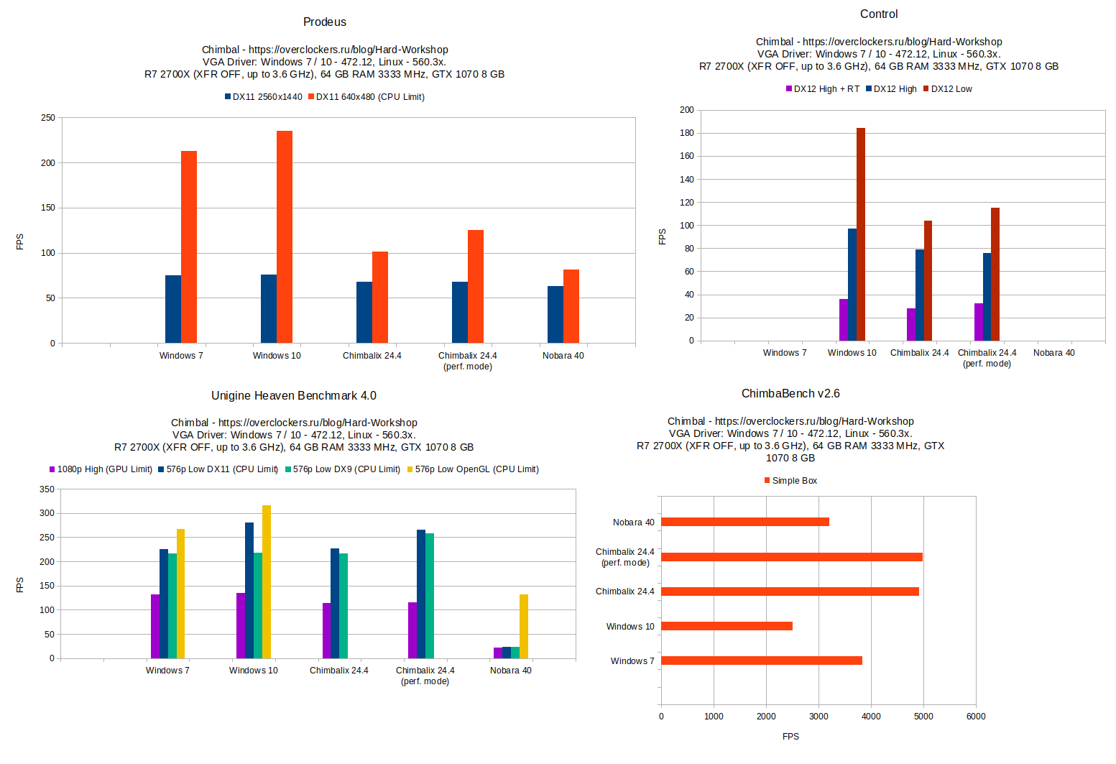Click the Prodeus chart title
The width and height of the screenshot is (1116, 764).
(x=325, y=22)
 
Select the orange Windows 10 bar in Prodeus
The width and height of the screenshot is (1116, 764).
(x=285, y=237)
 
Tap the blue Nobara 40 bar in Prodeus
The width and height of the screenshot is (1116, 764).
(x=555, y=315)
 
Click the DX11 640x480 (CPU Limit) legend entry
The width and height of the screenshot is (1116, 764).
(x=366, y=97)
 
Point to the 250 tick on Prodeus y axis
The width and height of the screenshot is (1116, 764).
(x=48, y=118)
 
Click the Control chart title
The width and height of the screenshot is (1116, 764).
(x=879, y=14)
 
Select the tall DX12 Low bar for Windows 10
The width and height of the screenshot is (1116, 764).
(x=861, y=234)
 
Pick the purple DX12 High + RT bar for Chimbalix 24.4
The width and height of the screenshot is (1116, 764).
(x=911, y=325)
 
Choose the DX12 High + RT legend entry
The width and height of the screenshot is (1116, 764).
(x=823, y=89)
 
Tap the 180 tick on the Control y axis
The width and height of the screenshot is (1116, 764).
(x=687, y=133)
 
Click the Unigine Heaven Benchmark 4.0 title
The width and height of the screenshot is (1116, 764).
(x=293, y=396)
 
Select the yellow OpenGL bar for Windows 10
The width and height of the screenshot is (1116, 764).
(x=267, y=582)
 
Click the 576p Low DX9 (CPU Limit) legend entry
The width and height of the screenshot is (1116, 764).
(x=343, y=469)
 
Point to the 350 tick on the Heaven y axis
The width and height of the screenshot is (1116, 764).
(x=47, y=489)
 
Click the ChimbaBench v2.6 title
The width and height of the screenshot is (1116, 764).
(x=790, y=394)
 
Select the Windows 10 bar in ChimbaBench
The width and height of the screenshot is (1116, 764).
(x=727, y=626)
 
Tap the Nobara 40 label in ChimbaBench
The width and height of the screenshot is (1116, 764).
(x=633, y=523)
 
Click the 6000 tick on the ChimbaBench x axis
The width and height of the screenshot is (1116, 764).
(x=976, y=717)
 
